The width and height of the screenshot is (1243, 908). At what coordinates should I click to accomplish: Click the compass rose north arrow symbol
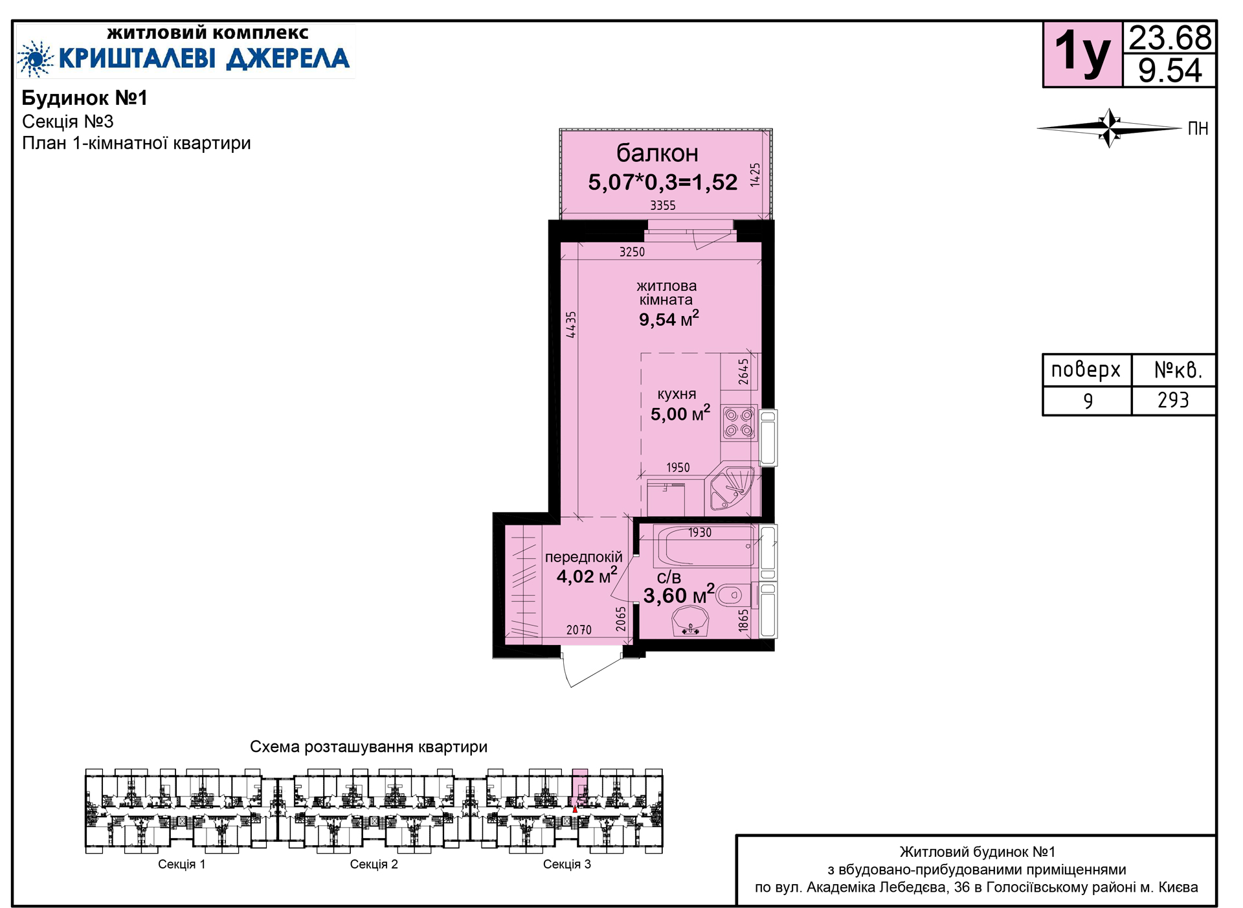click(1110, 128)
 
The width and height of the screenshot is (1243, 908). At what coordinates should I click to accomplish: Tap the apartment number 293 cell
click(1173, 400)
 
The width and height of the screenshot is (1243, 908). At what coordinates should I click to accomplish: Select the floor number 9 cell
click(1088, 400)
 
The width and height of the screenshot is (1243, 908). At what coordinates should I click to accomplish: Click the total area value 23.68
click(1170, 38)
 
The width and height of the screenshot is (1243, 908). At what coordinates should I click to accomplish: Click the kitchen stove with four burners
click(739, 422)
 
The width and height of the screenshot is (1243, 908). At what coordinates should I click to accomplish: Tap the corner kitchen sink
click(733, 488)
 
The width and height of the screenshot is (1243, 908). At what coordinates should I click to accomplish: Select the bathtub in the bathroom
click(706, 546)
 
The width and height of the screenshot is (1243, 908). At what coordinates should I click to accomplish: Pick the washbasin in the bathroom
click(690, 622)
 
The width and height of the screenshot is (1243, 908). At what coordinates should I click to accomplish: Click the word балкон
click(657, 153)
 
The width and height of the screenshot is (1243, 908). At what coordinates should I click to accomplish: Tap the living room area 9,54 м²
click(669, 318)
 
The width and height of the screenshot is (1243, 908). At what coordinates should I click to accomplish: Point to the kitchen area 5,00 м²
click(680, 413)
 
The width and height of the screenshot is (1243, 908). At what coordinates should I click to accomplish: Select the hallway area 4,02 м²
click(587, 575)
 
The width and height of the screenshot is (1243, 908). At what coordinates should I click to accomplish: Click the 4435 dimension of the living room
click(570, 324)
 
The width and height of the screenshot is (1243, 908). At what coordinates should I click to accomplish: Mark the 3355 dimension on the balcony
click(663, 205)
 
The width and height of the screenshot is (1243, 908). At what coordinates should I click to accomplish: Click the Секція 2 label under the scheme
click(374, 864)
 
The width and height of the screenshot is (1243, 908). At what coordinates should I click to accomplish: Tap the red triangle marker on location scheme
click(575, 809)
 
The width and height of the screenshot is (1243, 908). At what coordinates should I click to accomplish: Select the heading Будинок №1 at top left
click(85, 98)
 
